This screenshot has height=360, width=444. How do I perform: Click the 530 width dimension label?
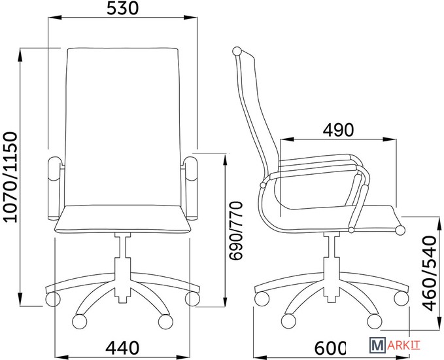click(122, 9)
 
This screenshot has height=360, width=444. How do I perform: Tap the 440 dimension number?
click(122, 348)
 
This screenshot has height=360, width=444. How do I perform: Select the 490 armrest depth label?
click(338, 130)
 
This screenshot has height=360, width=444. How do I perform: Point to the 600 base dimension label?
click(330, 348)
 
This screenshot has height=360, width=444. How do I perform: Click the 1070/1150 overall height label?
click(12, 177)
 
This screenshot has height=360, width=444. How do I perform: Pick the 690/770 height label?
click(236, 230)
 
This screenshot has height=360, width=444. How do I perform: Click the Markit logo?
click(395, 345)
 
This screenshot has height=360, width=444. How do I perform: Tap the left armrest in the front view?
click(54, 189)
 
